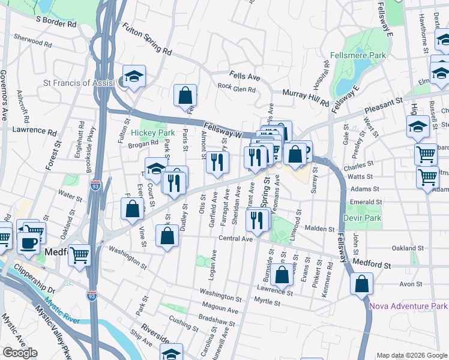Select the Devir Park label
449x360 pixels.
pos(362,217)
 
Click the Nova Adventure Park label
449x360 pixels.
pos(408,306)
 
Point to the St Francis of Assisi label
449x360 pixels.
pos(79,83)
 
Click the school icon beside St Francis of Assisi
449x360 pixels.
pos(134,77)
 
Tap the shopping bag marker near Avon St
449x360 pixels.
pos(361,284)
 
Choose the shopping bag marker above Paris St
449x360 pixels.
pos(185,95)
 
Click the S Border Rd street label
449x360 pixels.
pos(56,22)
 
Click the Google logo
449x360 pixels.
pos(20,353)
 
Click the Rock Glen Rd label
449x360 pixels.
pos(237,89)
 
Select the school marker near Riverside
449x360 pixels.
pos(171,353)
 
